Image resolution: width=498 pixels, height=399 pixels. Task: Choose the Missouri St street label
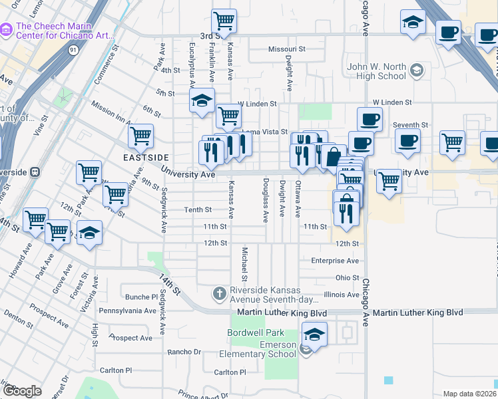(286, 49)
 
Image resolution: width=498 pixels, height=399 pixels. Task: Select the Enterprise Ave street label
(335, 261)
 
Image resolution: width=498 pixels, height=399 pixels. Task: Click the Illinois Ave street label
(341, 295)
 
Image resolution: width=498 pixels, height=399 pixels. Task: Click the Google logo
(21, 391)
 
